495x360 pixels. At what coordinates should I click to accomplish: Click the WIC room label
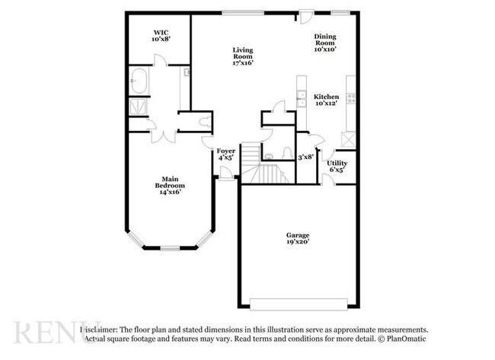[x=160, y=34]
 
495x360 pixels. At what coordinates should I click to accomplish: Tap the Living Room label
[x=242, y=56]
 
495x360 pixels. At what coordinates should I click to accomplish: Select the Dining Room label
[x=325, y=41]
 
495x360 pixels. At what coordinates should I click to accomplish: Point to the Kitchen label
[x=327, y=100]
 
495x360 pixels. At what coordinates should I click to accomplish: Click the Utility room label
[x=337, y=167]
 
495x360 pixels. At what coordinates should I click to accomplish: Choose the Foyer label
[x=225, y=155]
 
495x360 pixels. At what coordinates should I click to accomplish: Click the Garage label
[x=297, y=239]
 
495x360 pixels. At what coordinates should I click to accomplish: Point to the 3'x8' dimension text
[x=305, y=157]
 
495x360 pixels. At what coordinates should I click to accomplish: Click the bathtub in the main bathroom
[x=139, y=78]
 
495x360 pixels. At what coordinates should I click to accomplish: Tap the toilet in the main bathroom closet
[x=206, y=123]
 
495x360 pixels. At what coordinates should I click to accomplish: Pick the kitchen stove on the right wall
[x=350, y=97]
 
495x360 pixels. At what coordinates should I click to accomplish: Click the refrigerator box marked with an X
[x=349, y=140]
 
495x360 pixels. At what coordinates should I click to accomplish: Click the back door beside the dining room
[x=305, y=13]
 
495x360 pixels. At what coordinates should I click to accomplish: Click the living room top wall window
[x=244, y=11]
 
